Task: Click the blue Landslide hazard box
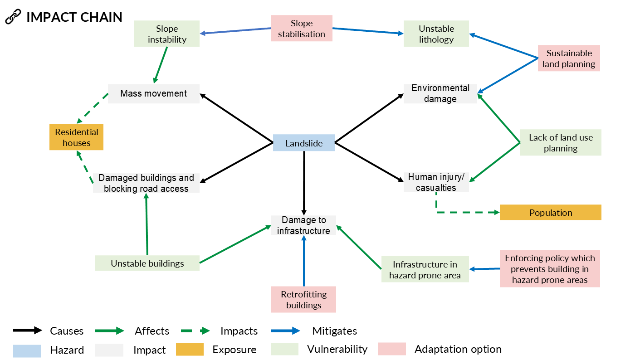click(x=303, y=143)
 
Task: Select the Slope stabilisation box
click(x=302, y=29)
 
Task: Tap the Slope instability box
click(x=167, y=34)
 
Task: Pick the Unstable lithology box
click(x=436, y=34)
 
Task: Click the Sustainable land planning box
click(x=569, y=58)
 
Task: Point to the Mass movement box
click(x=154, y=93)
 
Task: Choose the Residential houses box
click(x=77, y=137)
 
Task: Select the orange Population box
click(x=550, y=213)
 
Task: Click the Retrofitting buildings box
click(x=303, y=300)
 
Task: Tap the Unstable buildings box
click(x=147, y=263)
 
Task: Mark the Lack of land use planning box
click(x=560, y=143)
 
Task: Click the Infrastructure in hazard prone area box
click(x=425, y=270)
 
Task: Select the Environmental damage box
click(x=440, y=93)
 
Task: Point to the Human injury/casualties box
click(x=436, y=182)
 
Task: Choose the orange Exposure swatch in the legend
click(x=190, y=350)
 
